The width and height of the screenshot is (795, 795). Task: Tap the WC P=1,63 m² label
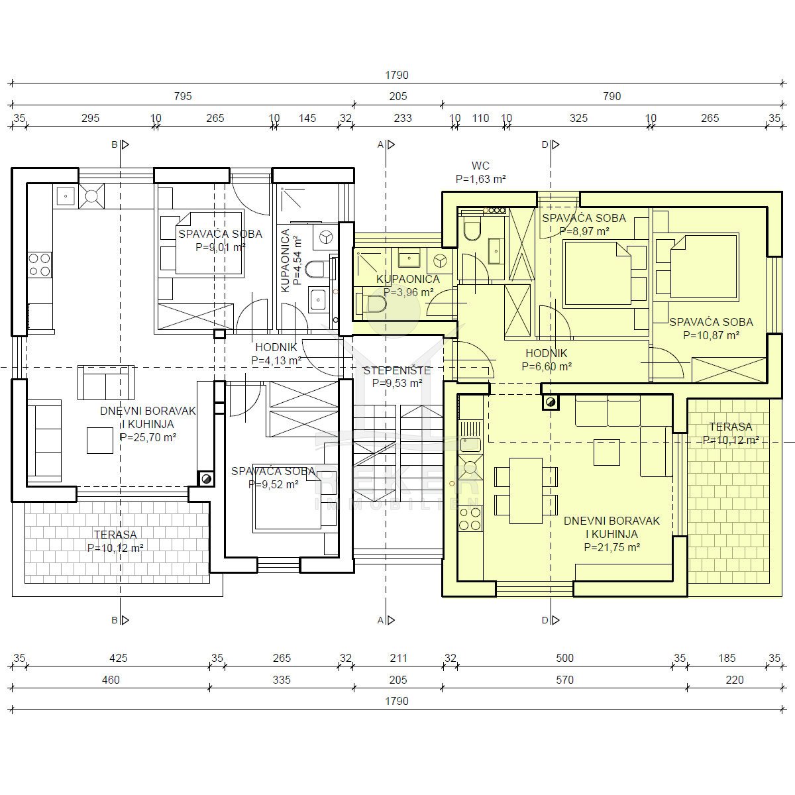[480, 172]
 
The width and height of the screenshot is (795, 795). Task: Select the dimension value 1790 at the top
[396, 75]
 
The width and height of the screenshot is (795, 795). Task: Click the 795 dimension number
[183, 96]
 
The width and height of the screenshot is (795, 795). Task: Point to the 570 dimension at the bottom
[564, 680]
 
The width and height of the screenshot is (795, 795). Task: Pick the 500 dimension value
[564, 658]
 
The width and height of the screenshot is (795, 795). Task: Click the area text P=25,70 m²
[148, 437]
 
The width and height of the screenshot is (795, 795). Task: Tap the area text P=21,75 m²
[612, 547]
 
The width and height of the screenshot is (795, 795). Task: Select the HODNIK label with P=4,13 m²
[276, 354]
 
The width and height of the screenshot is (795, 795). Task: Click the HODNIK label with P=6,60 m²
[547, 360]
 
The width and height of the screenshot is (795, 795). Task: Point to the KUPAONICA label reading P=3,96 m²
[408, 286]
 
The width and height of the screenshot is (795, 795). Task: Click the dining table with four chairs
[526, 490]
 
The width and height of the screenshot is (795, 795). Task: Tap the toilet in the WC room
[472, 229]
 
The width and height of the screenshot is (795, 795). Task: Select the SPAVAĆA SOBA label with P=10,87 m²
[711, 329]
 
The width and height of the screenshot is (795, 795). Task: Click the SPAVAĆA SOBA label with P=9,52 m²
[273, 478]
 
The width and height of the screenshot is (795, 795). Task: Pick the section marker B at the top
[120, 145]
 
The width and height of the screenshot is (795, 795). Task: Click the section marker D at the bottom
[551, 620]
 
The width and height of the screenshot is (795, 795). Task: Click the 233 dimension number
[403, 119]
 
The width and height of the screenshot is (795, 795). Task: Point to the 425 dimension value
[119, 658]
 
